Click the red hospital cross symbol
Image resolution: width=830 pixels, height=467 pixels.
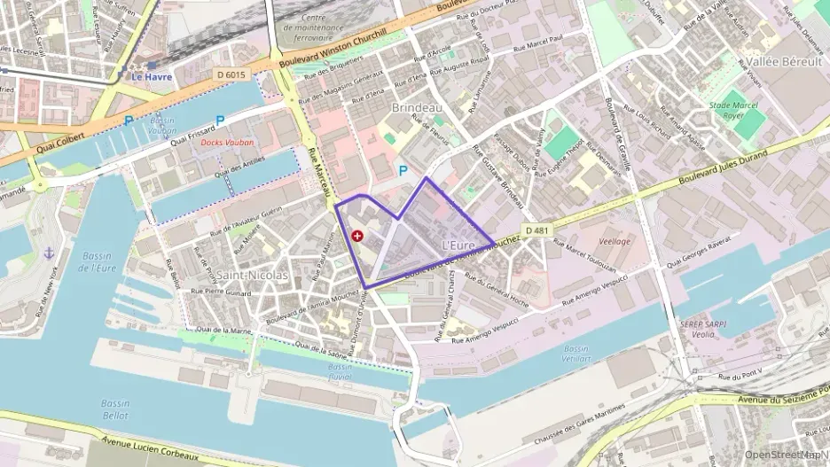[356, 236]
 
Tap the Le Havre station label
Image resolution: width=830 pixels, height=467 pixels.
[152, 76]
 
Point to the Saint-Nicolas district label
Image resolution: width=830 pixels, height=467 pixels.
[252, 275]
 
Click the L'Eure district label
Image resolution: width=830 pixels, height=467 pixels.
[458, 245]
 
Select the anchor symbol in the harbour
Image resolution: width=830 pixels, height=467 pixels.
[50, 253]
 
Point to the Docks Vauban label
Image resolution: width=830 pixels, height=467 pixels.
[227, 142]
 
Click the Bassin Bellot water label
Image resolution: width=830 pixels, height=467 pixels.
[114, 409]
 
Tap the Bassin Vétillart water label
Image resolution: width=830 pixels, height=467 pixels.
[575, 354]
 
